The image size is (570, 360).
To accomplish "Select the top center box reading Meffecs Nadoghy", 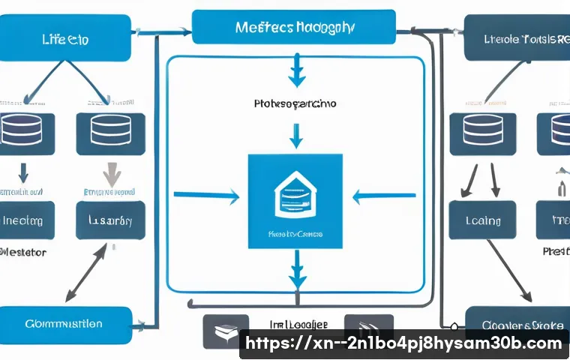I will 294,27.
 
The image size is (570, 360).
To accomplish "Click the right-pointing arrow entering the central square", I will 207,197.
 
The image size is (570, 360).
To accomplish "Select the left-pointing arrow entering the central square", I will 382,197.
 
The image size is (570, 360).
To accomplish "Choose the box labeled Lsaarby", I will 110,220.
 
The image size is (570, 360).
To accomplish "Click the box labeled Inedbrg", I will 25,220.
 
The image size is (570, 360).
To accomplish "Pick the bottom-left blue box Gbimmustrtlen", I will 64,324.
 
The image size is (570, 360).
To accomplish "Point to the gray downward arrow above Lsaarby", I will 111,175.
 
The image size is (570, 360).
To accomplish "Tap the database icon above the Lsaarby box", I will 110,132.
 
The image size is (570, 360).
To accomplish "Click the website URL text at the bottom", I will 404,343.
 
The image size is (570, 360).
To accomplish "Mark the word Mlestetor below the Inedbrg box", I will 24,253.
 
